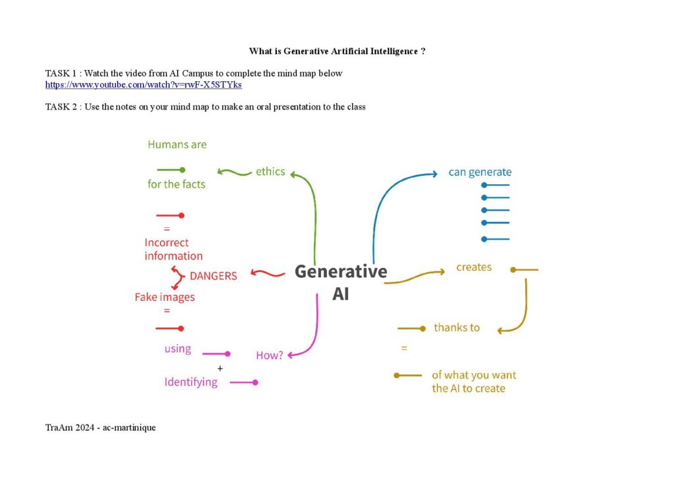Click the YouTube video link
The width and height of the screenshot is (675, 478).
(143, 85)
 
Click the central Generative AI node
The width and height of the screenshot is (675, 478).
(341, 283)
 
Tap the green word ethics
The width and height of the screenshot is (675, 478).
(270, 172)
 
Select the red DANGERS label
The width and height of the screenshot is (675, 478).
(213, 276)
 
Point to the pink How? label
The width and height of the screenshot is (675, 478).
(270, 355)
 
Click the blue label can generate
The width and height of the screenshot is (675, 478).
(480, 172)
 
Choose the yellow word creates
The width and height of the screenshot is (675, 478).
(474, 267)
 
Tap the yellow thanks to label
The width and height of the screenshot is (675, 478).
(457, 327)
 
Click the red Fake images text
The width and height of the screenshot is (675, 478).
(164, 297)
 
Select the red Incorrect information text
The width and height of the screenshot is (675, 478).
(173, 249)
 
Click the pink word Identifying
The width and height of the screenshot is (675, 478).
(191, 382)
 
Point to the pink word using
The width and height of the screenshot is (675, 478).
(178, 349)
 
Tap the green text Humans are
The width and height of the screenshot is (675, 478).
(177, 145)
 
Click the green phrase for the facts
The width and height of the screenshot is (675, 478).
(177, 184)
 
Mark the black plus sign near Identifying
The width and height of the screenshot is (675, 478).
(220, 368)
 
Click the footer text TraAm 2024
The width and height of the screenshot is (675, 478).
(70, 428)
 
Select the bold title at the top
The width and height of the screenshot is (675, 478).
(337, 51)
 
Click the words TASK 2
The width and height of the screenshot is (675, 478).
(61, 107)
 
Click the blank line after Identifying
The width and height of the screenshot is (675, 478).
(244, 382)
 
